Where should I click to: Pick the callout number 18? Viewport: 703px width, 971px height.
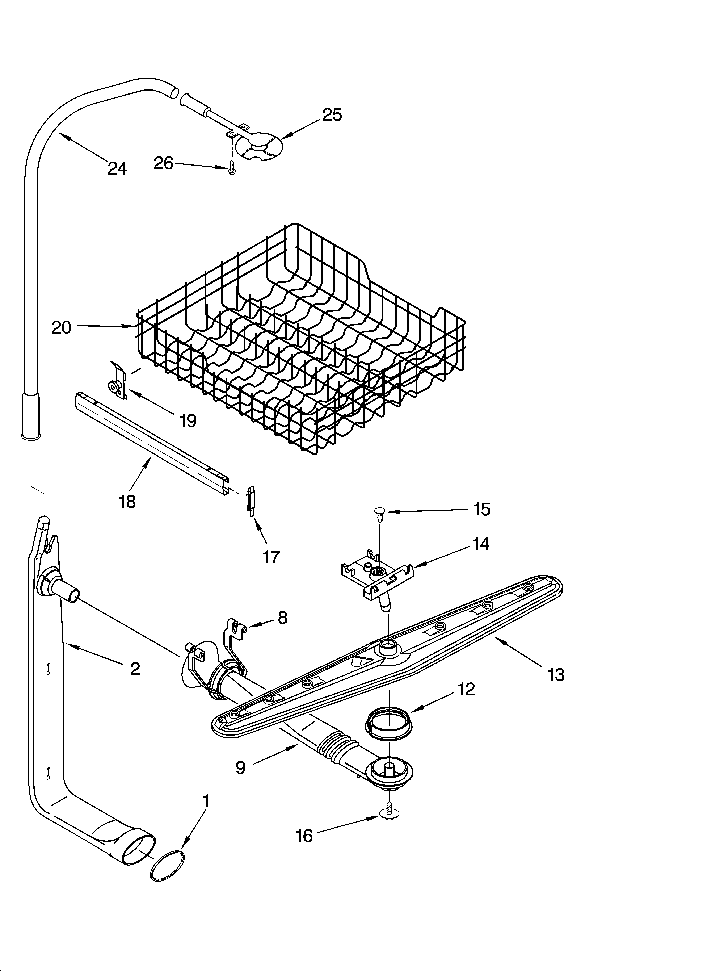(x=127, y=501)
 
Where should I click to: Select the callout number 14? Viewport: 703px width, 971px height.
(x=481, y=544)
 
